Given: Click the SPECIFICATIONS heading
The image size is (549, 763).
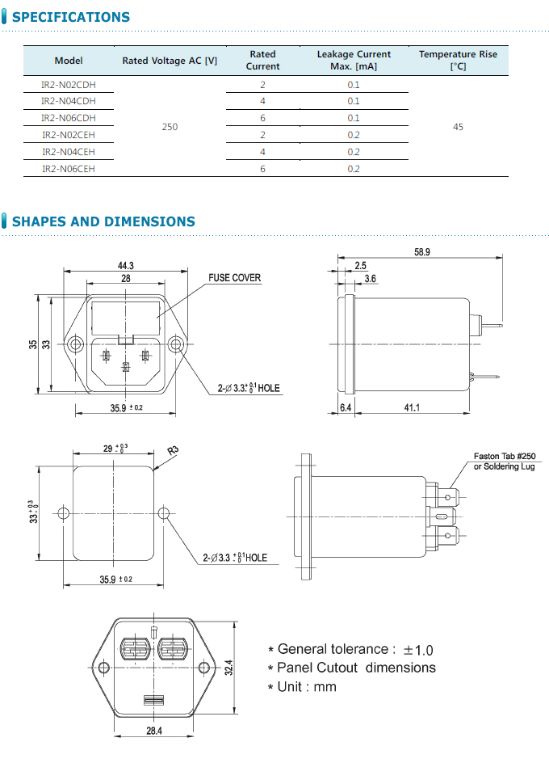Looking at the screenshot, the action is coord(71,17).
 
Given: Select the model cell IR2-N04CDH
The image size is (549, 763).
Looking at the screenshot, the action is coord(69,101).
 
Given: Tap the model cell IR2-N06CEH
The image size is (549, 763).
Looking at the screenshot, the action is coord(69,169).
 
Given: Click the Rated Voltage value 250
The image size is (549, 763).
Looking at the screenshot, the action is coord(170,127).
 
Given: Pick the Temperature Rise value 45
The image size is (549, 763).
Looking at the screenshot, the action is coord(458,127).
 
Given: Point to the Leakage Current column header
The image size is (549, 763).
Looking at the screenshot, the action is coord(354,61).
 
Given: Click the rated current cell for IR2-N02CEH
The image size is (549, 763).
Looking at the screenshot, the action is coord(262,135).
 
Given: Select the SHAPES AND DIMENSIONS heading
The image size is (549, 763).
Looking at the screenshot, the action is coord(103,221).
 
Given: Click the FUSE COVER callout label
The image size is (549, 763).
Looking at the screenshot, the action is coord(234,278).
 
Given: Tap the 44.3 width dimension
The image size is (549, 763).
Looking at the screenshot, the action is coord(125,266).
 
